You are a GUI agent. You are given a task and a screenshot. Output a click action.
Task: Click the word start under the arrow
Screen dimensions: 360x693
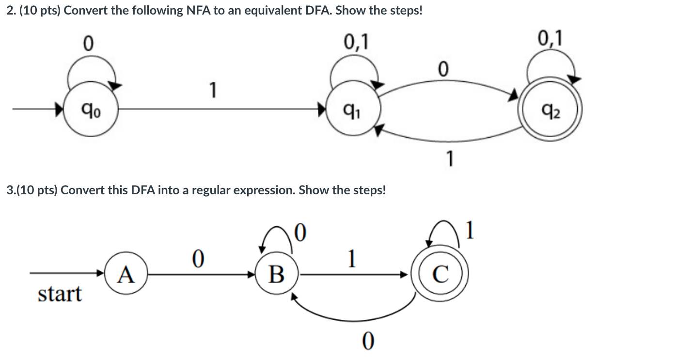(x=60, y=294)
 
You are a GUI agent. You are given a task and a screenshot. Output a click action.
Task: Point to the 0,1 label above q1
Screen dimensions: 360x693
(x=356, y=43)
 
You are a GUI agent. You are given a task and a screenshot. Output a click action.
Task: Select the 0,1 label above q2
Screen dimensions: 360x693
(x=551, y=38)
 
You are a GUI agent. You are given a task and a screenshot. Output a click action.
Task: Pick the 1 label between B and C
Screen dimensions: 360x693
(x=352, y=259)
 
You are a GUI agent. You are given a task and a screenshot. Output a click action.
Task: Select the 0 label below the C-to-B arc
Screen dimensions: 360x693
(x=368, y=342)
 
